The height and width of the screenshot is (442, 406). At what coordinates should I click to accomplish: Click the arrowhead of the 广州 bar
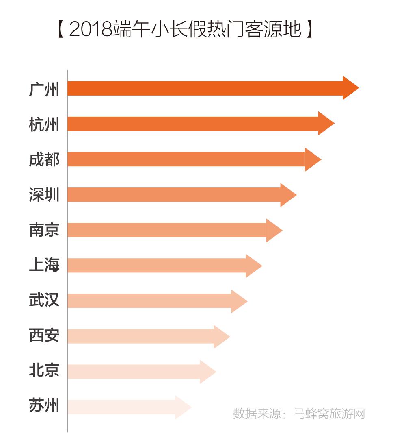click(350, 88)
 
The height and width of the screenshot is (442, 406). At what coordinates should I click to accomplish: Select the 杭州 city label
click(44, 124)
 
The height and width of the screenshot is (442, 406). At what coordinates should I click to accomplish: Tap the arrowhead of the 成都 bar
click(312, 159)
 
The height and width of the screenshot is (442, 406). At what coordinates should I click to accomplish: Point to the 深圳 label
click(44, 195)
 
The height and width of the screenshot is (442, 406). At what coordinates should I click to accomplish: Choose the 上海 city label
click(44, 265)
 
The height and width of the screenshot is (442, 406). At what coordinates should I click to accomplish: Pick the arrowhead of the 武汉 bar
click(238, 301)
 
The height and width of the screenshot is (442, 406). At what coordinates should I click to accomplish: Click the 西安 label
click(44, 335)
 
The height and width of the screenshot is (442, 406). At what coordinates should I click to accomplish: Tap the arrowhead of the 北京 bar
click(207, 371)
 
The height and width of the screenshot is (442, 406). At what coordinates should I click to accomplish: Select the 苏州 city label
click(44, 406)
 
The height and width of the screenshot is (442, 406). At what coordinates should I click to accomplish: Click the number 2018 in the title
click(90, 30)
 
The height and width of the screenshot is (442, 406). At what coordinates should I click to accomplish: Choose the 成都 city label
click(44, 159)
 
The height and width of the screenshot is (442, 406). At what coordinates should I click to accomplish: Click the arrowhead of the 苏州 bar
click(183, 407)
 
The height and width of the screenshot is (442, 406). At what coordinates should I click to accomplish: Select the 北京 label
click(44, 370)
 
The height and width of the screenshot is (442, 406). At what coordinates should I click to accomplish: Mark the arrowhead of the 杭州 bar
click(326, 123)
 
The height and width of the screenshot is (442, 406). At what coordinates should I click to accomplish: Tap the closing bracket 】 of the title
click(310, 30)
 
